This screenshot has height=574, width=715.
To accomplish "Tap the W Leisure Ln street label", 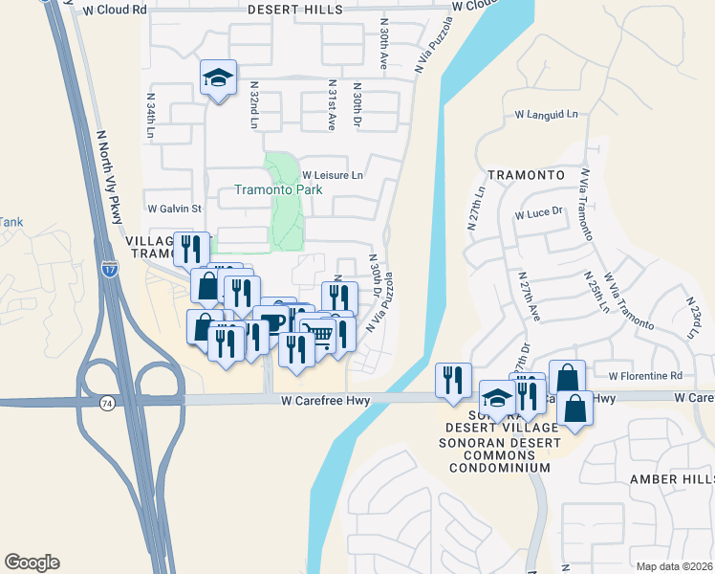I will pyautogui.click(x=333, y=176).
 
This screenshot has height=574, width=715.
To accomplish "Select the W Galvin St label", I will pyautogui.click(x=175, y=208).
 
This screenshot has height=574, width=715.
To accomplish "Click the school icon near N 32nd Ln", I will pyautogui.click(x=218, y=78).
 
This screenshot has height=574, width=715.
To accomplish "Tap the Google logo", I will pyautogui.click(x=32, y=563).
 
